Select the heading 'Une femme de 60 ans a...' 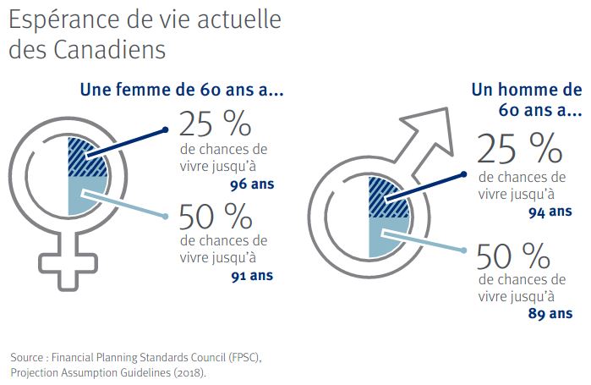[x=181, y=90]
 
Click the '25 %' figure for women [x=215, y=124]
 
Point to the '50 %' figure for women [x=215, y=217]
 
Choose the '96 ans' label [x=252, y=181]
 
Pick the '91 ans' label [x=252, y=275]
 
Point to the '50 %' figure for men [x=517, y=255]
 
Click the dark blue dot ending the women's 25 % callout [x=166, y=130]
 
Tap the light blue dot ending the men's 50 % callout [x=465, y=250]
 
